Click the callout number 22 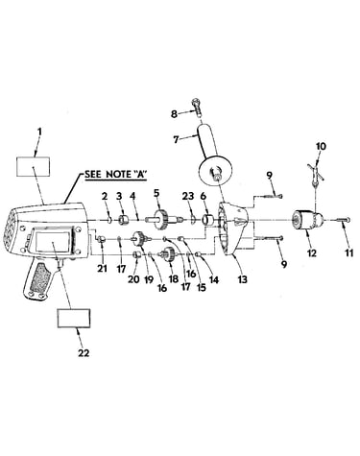click(84, 353)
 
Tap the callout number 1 click(39, 132)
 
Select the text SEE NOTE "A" click(115, 174)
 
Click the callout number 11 click(348, 253)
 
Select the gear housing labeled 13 click(232, 228)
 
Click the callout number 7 click(176, 140)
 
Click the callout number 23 click(187, 196)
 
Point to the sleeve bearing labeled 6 click(208, 220)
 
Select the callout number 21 click(102, 268)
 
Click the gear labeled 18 click(168, 254)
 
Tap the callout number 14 click(214, 280)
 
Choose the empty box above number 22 click(73, 318)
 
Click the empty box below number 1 click(33, 166)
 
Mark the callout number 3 click(119, 196)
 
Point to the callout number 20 click(133, 279)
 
